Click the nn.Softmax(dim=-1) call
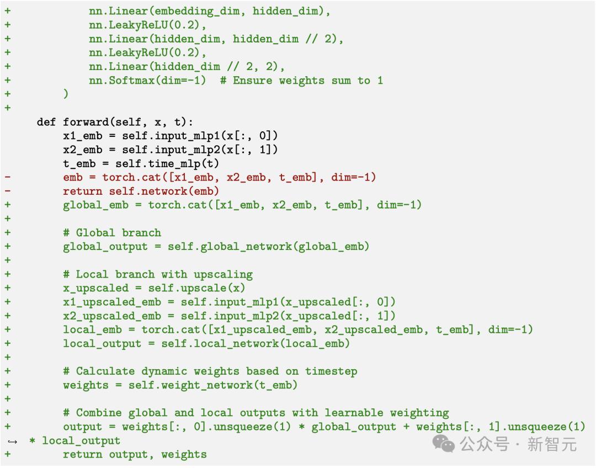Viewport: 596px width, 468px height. coord(147,80)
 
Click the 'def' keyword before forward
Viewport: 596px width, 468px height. coord(47,122)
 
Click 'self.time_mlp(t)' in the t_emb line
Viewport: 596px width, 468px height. coord(167,163)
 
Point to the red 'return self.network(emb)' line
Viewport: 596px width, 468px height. coord(141,191)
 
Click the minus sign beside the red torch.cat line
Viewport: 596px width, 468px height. coord(7,177)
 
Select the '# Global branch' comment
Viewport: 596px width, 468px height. coord(111,232)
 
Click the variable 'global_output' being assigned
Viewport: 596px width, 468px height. coord(105,246)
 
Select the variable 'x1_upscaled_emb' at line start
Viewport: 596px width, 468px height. coord(111,302)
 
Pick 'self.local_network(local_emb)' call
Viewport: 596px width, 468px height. coord(256,343)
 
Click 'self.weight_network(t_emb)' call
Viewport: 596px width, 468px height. coord(213,385)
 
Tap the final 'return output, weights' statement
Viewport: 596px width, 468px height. coord(135,454)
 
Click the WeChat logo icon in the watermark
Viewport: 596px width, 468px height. coord(444,443)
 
